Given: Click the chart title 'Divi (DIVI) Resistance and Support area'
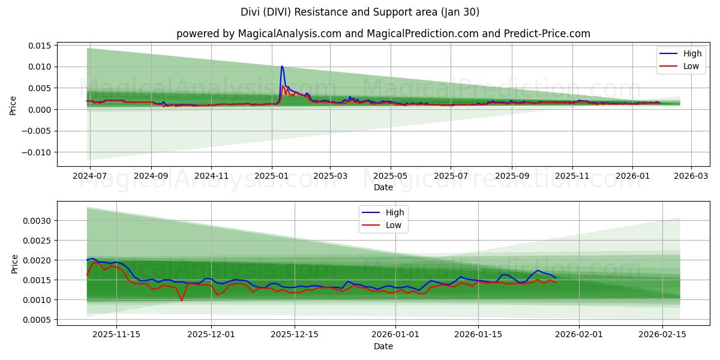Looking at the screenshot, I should [360, 12].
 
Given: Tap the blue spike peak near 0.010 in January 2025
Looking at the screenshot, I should [282, 67].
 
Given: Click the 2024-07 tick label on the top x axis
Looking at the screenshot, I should [90, 177].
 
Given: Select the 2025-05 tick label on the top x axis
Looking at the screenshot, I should [391, 177].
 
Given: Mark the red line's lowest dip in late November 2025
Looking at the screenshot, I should [182, 300].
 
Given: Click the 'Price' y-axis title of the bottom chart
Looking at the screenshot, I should [14, 263].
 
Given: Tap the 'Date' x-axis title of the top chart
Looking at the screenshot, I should [383, 187].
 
